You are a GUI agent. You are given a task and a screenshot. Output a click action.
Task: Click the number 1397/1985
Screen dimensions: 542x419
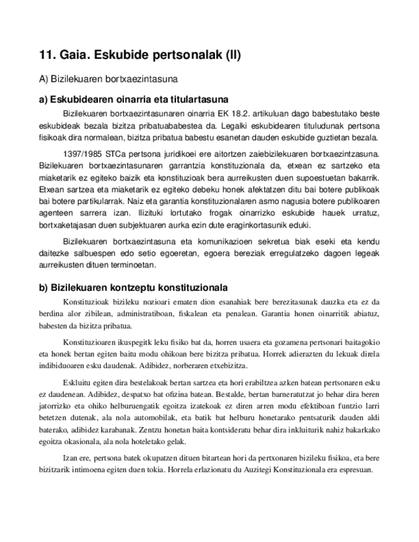[x=86, y=153]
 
